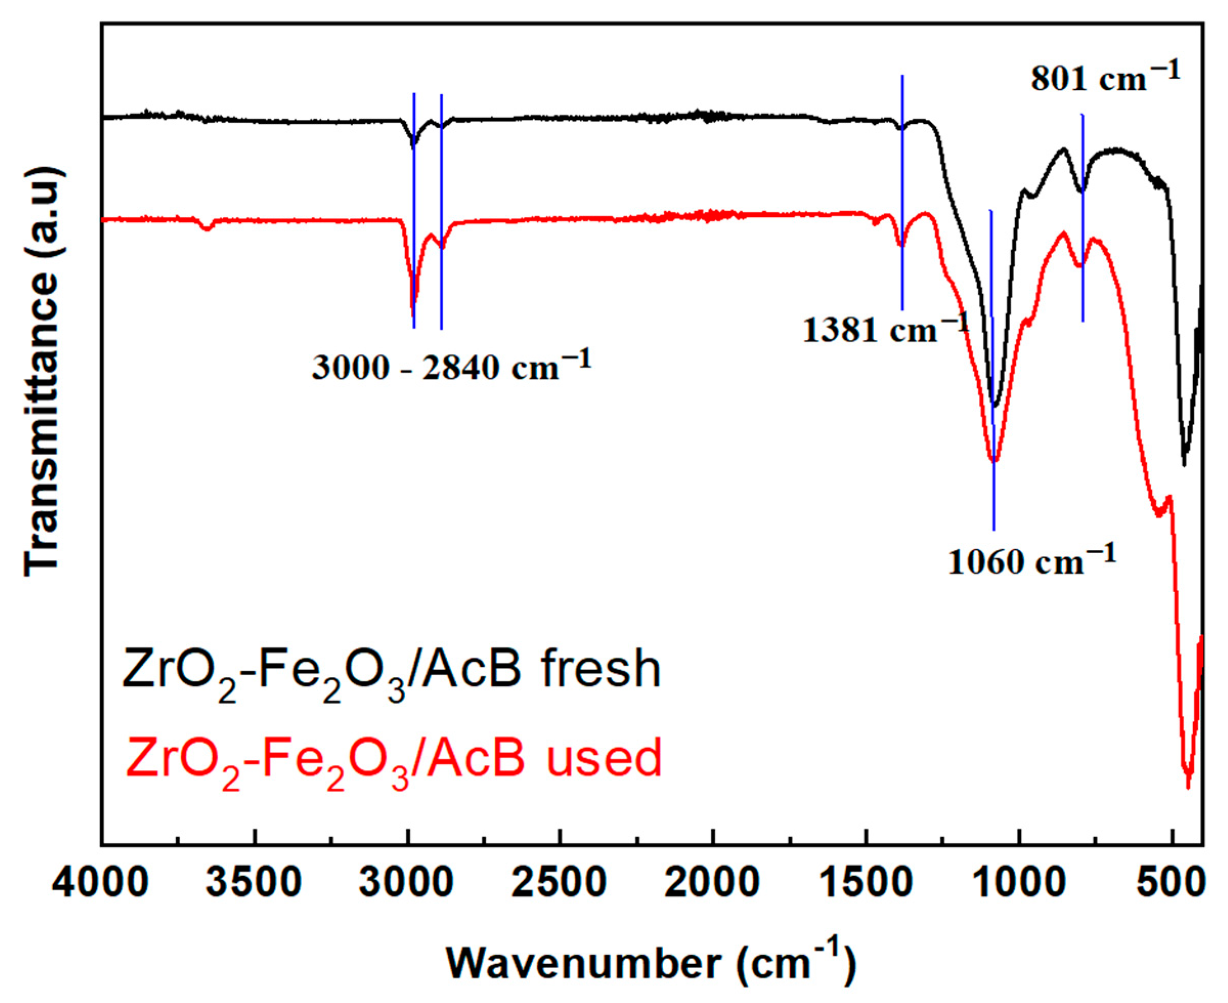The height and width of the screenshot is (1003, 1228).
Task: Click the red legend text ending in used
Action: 393,758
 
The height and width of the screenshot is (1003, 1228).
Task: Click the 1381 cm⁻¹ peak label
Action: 884,332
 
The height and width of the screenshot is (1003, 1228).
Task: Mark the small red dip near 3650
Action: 206,229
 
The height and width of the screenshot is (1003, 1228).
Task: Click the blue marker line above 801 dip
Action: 1082,150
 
